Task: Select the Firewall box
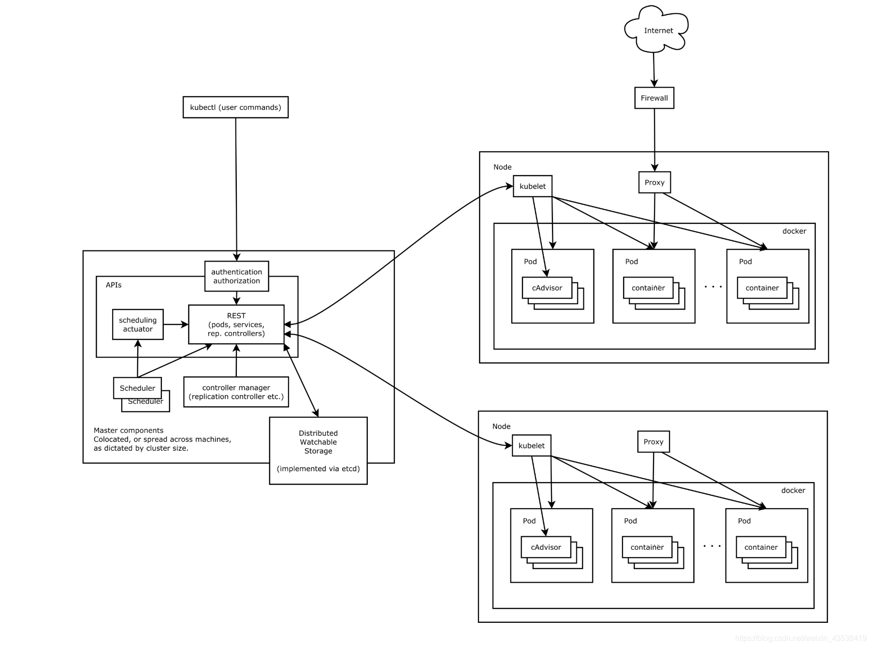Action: pyautogui.click(x=654, y=98)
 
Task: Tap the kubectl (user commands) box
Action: pyautogui.click(x=235, y=107)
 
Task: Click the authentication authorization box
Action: pyautogui.click(x=236, y=277)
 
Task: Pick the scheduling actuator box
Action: pyautogui.click(x=138, y=324)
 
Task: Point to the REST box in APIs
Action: pyautogui.click(x=236, y=324)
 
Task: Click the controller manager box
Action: pyautogui.click(x=236, y=392)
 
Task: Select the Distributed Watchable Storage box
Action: pyautogui.click(x=318, y=450)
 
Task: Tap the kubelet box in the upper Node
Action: pyautogui.click(x=532, y=186)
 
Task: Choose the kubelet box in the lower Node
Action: pyautogui.click(x=531, y=445)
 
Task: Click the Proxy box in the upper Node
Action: pyautogui.click(x=654, y=182)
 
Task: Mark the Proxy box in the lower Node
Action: pyautogui.click(x=653, y=441)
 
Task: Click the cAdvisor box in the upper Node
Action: pyautogui.click(x=547, y=288)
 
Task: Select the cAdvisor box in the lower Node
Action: pyautogui.click(x=546, y=547)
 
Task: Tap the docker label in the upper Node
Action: pyautogui.click(x=794, y=231)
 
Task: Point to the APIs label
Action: pyautogui.click(x=114, y=285)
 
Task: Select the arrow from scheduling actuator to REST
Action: pyautogui.click(x=175, y=324)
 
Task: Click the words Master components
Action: pyautogui.click(x=129, y=430)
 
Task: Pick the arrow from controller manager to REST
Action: pyautogui.click(x=236, y=361)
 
